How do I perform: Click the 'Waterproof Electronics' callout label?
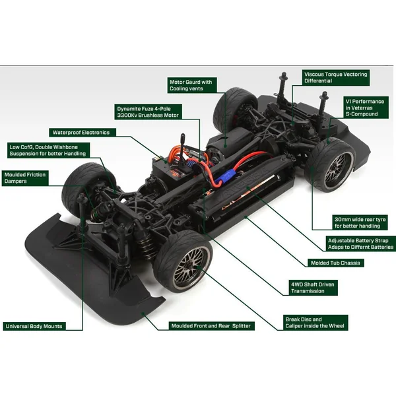point(82,133)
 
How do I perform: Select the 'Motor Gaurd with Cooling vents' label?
point(192,85)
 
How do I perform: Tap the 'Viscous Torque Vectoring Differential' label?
point(336,77)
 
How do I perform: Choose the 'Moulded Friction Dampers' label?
point(25,178)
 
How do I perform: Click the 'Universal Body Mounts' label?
point(34,326)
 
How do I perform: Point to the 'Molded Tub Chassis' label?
point(335,263)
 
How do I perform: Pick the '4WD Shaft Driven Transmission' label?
point(313,288)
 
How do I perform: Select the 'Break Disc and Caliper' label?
point(315,323)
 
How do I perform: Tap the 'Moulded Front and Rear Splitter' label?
point(211,326)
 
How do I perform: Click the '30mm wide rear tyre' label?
point(360,222)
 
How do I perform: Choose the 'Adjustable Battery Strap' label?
point(360,244)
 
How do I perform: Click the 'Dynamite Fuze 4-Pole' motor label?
point(148,112)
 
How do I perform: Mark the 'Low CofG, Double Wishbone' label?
point(48,150)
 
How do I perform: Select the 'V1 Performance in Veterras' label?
point(366,108)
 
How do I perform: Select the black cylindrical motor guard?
point(228,144)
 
